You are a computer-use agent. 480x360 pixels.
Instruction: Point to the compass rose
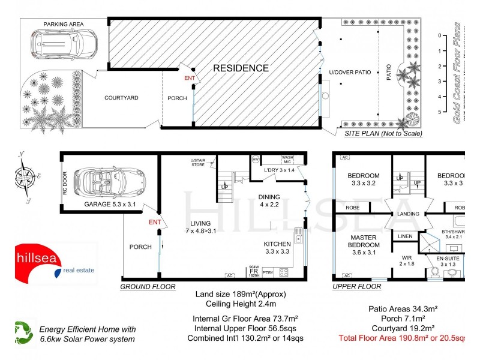point(26,178)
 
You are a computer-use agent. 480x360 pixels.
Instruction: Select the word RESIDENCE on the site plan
point(241,68)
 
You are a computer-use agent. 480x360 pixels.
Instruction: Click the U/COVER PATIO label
point(350,72)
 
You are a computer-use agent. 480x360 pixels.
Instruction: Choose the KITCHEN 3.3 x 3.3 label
point(277,248)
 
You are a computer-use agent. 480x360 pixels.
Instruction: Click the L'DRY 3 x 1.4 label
point(280,171)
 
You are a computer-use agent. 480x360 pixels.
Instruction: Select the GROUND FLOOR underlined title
point(148,287)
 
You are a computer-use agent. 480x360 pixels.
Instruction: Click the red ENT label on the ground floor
point(156,223)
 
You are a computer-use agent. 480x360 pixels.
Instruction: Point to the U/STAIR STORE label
point(198,163)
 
